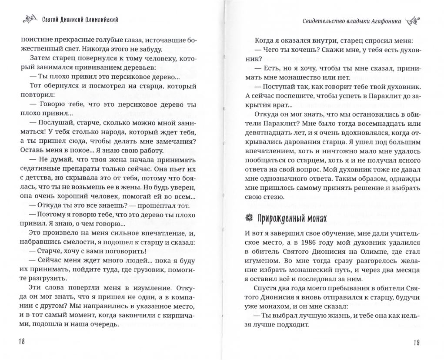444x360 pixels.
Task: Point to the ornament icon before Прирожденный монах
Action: click(x=249, y=218)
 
